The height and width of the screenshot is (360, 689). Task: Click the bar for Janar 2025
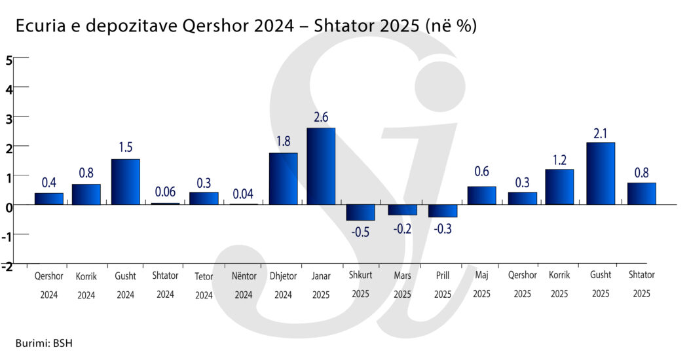tap(321, 166)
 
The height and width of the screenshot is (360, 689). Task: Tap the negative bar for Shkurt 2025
tap(360, 213)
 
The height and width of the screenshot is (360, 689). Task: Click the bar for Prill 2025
tap(443, 211)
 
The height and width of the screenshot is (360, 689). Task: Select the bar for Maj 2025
tap(481, 196)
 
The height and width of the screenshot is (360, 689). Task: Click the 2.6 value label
tap(321, 117)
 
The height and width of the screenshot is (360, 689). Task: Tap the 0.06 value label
tap(166, 192)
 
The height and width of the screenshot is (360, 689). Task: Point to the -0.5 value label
tap(360, 232)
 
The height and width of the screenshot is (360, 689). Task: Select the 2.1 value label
tap(601, 132)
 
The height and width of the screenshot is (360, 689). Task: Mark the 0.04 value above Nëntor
tap(243, 194)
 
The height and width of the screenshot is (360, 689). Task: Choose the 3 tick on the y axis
tap(9, 117)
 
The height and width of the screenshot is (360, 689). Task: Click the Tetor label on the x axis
tap(204, 276)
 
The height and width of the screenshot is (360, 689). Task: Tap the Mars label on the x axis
tap(403, 276)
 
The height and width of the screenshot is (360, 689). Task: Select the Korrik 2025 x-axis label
tap(559, 285)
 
